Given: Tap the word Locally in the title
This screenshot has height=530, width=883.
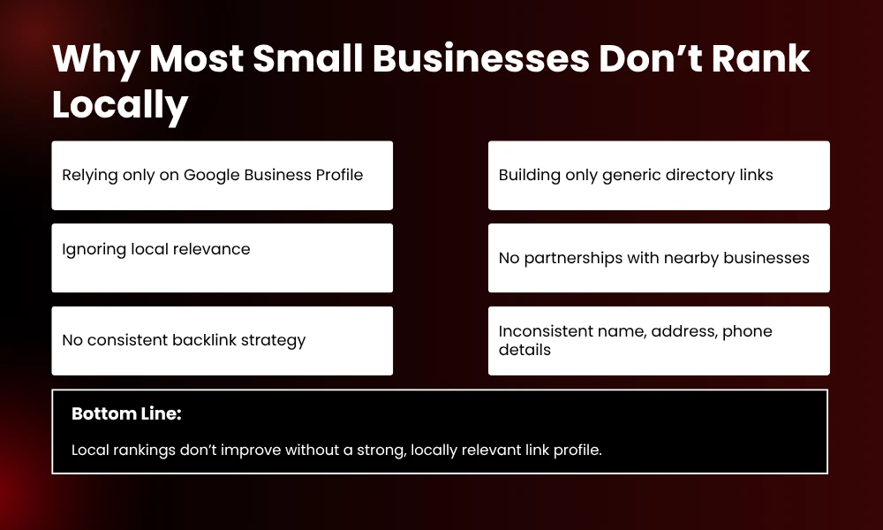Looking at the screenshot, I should tap(120, 105).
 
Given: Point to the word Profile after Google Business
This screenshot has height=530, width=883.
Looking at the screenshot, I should tap(339, 175).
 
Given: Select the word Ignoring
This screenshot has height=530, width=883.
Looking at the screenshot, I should tap(94, 249).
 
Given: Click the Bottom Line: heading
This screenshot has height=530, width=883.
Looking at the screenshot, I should tap(126, 413).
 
